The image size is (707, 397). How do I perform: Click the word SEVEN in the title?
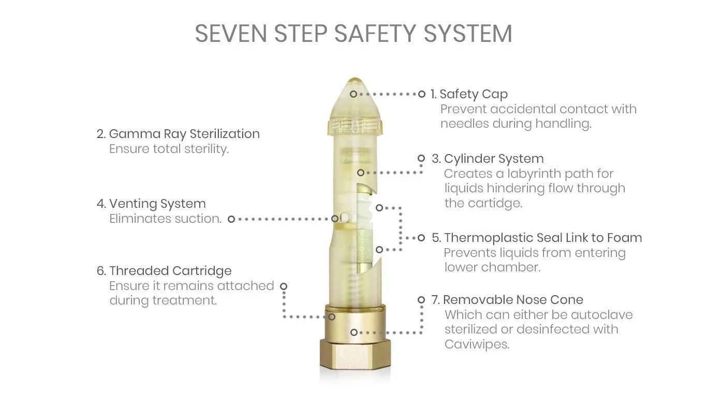(x=231, y=34)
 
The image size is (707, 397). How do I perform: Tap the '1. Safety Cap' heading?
(x=469, y=94)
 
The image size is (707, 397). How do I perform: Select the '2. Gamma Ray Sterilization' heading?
(x=178, y=134)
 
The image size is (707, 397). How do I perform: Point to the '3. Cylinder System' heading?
(x=488, y=159)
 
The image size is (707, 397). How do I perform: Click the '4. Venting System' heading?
(x=151, y=204)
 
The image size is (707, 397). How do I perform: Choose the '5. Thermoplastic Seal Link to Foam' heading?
(x=537, y=238)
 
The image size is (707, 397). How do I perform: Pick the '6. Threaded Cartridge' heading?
(x=164, y=271)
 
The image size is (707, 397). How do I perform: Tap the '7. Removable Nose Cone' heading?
(x=507, y=300)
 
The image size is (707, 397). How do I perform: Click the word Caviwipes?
(x=477, y=344)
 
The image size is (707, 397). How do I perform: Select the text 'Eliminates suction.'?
(x=166, y=219)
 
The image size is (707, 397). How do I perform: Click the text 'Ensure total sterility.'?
(x=169, y=149)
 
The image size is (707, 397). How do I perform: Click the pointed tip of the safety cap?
(x=355, y=79)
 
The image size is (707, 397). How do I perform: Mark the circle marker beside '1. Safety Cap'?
(x=422, y=94)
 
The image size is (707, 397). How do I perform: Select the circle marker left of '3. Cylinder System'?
(x=421, y=158)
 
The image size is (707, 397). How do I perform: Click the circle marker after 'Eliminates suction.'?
(x=231, y=219)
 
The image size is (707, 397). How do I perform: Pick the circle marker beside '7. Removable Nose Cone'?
(x=421, y=300)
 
